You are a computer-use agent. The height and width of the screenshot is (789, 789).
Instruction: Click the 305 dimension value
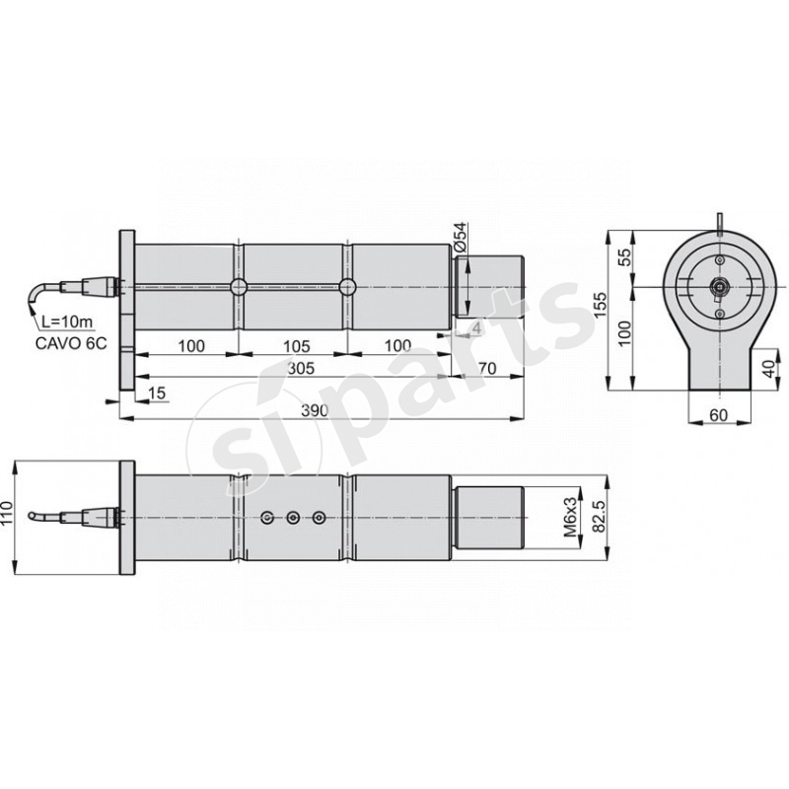(x=301, y=367)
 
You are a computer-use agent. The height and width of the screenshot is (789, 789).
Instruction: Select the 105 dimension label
(x=297, y=345)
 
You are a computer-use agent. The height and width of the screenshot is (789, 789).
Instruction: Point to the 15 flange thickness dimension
(x=156, y=393)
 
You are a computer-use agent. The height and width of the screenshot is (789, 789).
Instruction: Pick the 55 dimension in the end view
(x=623, y=258)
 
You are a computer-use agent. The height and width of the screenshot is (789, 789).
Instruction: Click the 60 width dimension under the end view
(x=718, y=416)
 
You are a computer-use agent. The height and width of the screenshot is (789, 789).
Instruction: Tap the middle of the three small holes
(x=293, y=517)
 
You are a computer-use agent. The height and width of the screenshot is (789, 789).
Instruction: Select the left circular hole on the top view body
(x=239, y=287)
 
